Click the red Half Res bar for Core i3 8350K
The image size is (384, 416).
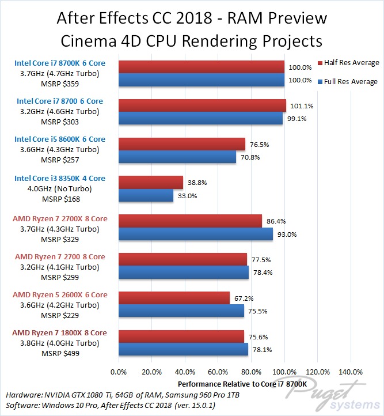151,183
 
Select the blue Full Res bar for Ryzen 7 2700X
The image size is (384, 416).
196,234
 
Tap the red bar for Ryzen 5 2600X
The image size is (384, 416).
174,298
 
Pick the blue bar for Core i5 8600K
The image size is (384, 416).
177,157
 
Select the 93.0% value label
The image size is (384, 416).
285,234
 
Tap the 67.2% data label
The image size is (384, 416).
242,298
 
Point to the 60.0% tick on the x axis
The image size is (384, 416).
218,372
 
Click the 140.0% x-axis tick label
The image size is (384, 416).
351,372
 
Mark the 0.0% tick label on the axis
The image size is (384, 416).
119,372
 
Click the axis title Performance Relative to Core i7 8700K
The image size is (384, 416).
234,383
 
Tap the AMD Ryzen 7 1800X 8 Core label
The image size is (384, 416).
60,333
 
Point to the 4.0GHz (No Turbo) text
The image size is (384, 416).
60,188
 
